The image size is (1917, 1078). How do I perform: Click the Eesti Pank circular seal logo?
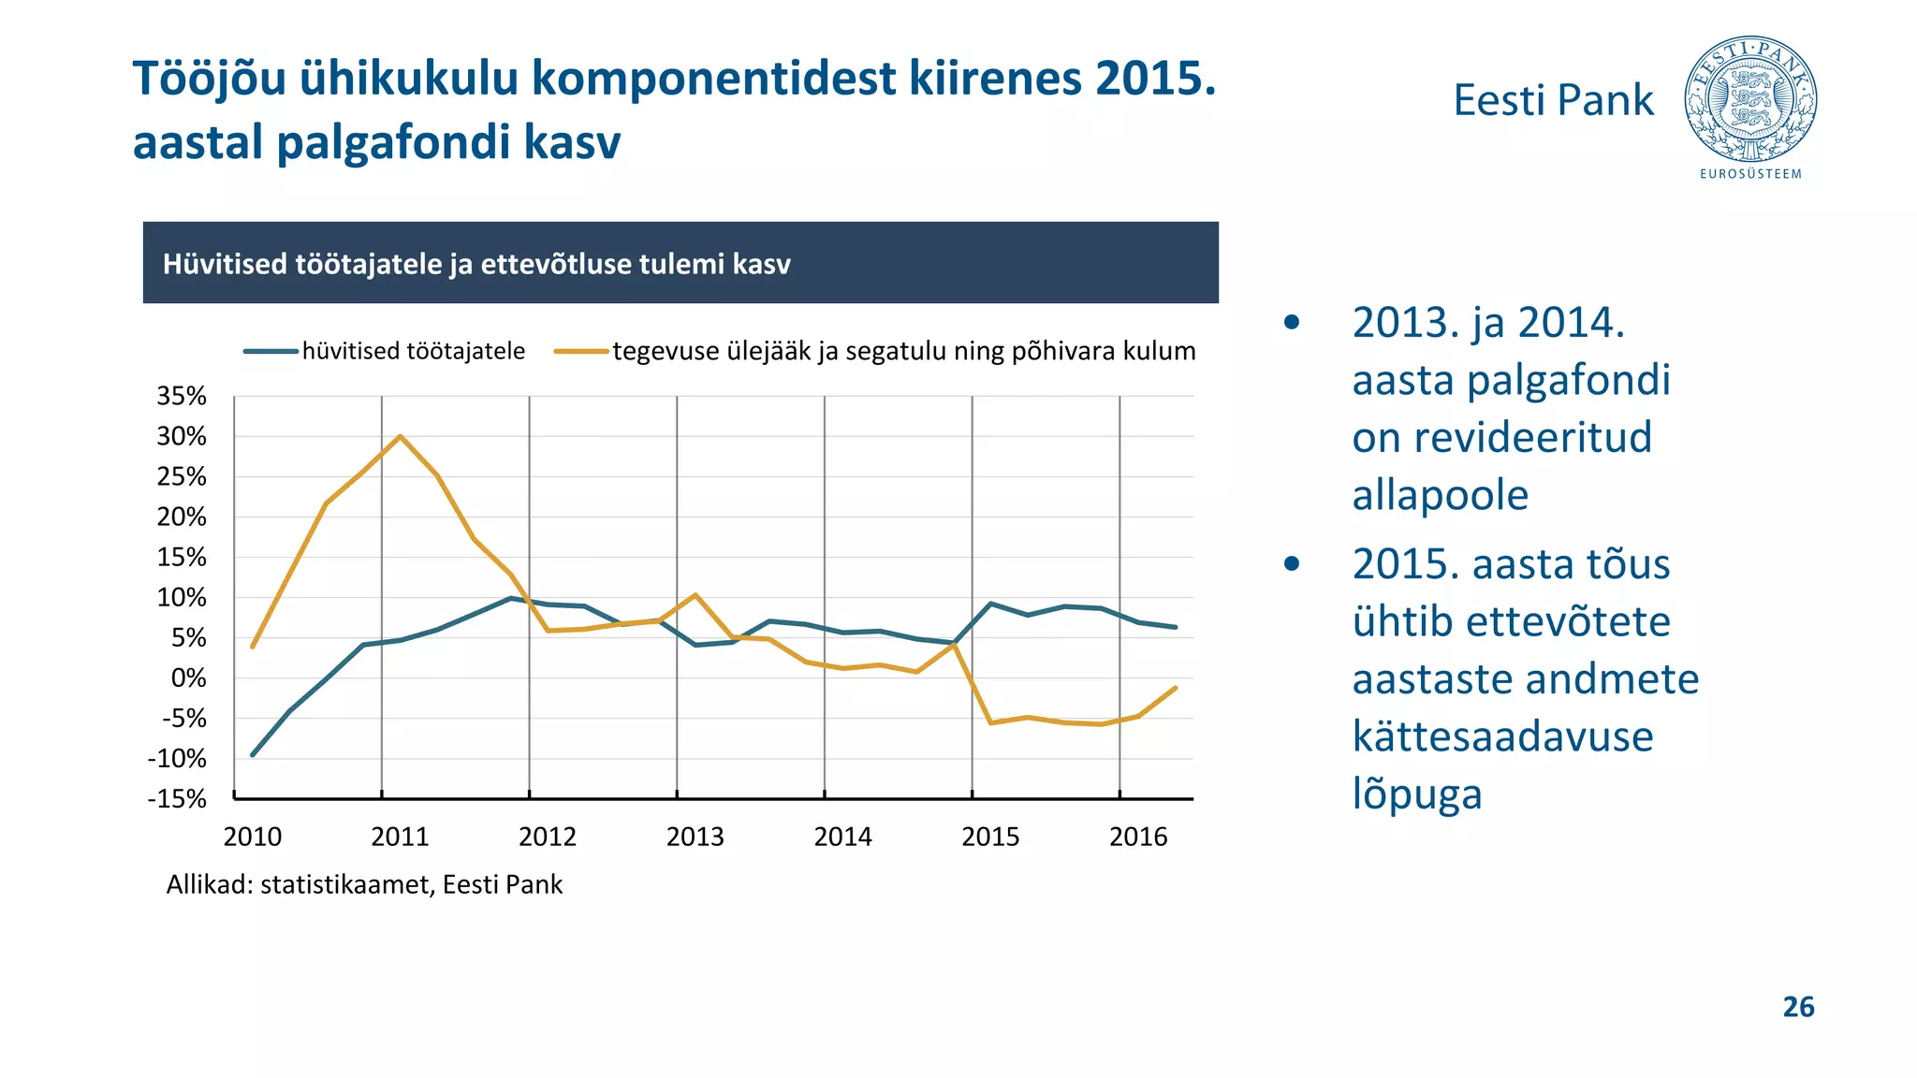tap(1750, 99)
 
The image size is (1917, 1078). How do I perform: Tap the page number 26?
tap(1798, 1007)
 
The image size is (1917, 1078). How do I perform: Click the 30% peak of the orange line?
tap(400, 436)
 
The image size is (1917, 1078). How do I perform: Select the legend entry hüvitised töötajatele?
tap(413, 351)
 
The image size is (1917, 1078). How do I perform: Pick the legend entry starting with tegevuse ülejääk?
tap(903, 351)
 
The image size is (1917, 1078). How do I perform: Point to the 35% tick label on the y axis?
tap(182, 396)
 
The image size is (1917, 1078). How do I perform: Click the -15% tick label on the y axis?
tap(177, 798)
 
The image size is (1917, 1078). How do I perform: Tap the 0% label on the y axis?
tap(188, 677)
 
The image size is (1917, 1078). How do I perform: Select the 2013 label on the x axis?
tap(695, 837)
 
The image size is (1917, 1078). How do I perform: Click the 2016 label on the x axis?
tap(1138, 837)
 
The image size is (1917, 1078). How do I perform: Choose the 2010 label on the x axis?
tap(252, 837)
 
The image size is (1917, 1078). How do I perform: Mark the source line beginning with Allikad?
tap(364, 884)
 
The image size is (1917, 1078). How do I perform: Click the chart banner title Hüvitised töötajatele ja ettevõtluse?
tap(476, 264)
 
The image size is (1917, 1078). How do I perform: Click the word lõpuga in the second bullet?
tap(1416, 794)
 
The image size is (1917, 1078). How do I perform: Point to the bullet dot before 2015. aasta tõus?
tap(1292, 563)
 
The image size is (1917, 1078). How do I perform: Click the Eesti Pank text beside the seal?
tap(1553, 100)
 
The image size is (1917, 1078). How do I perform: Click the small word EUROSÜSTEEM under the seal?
tap(1750, 174)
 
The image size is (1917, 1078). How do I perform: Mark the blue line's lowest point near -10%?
tap(253, 754)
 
